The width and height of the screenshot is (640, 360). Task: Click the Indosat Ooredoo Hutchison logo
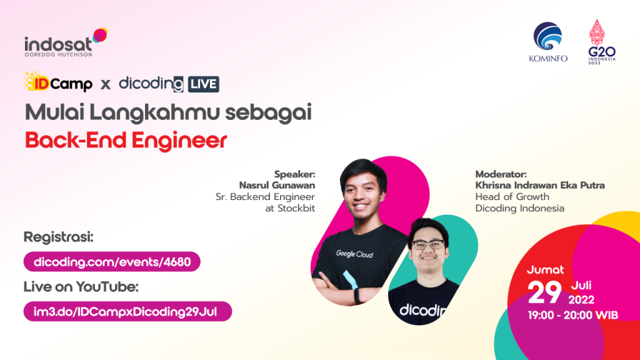click(x=66, y=42)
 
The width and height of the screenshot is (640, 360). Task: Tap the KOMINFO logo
click(x=547, y=42)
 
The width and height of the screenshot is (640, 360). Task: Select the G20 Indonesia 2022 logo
click(x=602, y=42)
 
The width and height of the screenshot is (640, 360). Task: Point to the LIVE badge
click(x=204, y=84)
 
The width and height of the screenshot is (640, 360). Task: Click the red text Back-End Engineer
click(x=126, y=141)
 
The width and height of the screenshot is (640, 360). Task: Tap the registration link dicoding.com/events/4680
click(x=112, y=262)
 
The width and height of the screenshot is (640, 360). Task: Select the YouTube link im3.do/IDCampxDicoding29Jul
click(x=127, y=311)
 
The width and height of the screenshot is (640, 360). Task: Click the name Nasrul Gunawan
click(x=277, y=185)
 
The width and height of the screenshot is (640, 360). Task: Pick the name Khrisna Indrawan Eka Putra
click(x=540, y=185)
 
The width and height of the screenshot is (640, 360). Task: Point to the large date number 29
click(x=544, y=292)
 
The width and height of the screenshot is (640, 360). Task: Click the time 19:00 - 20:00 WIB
click(x=572, y=315)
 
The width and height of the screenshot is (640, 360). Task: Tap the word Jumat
click(x=545, y=270)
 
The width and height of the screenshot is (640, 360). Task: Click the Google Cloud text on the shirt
click(x=354, y=254)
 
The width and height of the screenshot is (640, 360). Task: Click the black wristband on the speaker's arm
click(x=357, y=295)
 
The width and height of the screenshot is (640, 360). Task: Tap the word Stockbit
click(x=296, y=208)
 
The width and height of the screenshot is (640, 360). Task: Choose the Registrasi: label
click(x=58, y=237)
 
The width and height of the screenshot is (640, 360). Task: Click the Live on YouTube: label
click(x=81, y=287)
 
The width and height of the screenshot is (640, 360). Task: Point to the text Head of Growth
click(x=512, y=197)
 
